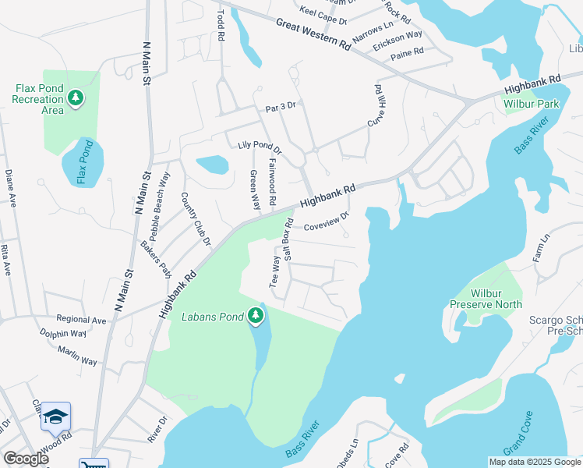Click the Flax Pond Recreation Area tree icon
point(76,98)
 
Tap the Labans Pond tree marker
point(256,316)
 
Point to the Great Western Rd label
point(313,34)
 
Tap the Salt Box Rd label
point(288,241)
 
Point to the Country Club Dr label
point(196,219)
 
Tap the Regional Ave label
point(81,320)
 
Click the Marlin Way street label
point(77,356)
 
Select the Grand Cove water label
point(518,434)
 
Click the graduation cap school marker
point(55,417)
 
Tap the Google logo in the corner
point(26,458)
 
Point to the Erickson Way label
point(397,40)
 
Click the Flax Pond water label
point(79,162)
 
